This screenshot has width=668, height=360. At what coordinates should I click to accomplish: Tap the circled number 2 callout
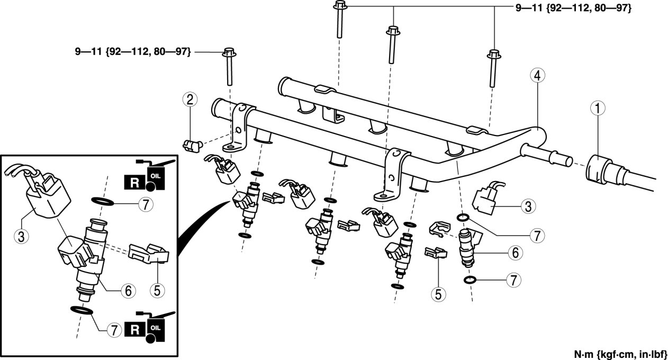pyautogui.click(x=191, y=98)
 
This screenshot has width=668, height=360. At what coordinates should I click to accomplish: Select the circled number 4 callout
pyautogui.click(x=536, y=77)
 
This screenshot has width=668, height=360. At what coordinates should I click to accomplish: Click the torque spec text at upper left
pyautogui.click(x=132, y=52)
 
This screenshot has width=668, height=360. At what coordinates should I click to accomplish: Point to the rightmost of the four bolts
pyautogui.click(x=493, y=69)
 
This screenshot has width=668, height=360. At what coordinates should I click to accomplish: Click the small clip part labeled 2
pyautogui.click(x=191, y=143)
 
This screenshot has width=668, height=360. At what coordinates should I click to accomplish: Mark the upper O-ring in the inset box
pyautogui.click(x=102, y=201)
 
